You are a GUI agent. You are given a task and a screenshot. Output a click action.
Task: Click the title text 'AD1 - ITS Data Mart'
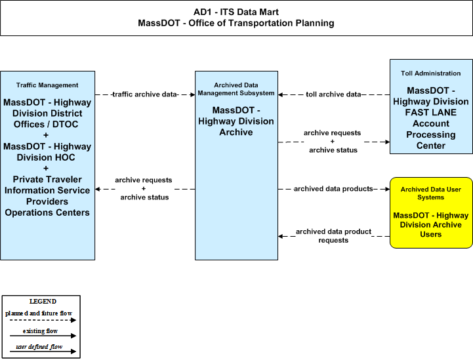pyautogui.click(x=236, y=12)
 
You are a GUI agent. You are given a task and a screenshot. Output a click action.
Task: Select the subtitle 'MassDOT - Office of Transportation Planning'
pyautogui.click(x=236, y=23)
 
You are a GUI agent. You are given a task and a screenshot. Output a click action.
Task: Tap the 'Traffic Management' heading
pyautogui.click(x=47, y=85)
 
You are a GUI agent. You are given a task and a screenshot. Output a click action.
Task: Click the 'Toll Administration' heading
pyautogui.click(x=430, y=73)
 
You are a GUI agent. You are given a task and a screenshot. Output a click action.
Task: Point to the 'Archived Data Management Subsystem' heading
pyautogui.click(x=236, y=89)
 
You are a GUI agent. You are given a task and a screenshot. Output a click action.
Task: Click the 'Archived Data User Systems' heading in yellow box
pyautogui.click(x=430, y=193)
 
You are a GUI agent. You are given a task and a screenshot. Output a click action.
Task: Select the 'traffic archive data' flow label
pyautogui.click(x=144, y=94)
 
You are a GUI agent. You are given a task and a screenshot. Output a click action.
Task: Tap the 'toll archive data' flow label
pyautogui.click(x=333, y=94)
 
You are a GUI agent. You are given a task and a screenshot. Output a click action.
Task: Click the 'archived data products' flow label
pyautogui.click(x=333, y=189)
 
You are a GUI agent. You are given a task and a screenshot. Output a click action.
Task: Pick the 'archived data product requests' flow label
pyautogui.click(x=333, y=236)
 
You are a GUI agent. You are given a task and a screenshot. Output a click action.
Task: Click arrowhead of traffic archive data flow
pyautogui.click(x=193, y=94)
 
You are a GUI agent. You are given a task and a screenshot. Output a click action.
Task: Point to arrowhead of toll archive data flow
pyautogui.click(x=281, y=94)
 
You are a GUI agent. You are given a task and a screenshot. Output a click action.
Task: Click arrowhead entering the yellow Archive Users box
pyautogui.click(x=387, y=189)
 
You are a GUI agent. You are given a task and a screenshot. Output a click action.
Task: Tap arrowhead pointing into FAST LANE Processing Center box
pyautogui.click(x=387, y=142)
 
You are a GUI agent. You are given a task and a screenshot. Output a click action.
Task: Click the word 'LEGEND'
pyautogui.click(x=43, y=302)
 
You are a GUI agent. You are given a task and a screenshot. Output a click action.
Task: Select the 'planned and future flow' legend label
pyautogui.click(x=39, y=313)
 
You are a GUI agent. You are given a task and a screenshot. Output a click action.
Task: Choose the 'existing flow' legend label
pyautogui.click(x=40, y=331)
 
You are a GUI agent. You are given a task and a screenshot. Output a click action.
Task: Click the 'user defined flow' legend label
pyautogui.click(x=39, y=347)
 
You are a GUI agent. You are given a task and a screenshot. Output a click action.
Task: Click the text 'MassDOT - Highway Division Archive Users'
pyautogui.click(x=430, y=225)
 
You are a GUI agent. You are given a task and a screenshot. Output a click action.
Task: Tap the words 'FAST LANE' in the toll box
pyautogui.click(x=430, y=113)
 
